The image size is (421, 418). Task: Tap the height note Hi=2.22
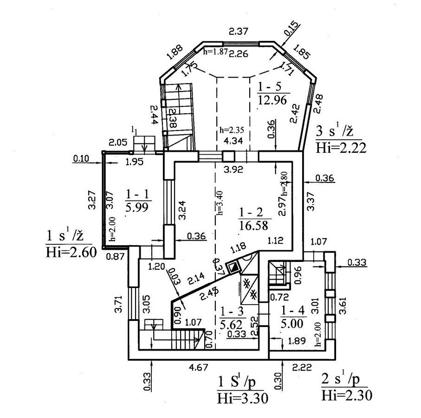tap(341, 148)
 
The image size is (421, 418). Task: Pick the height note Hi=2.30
tap(346, 395)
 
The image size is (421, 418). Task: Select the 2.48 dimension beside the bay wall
tap(318, 104)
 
